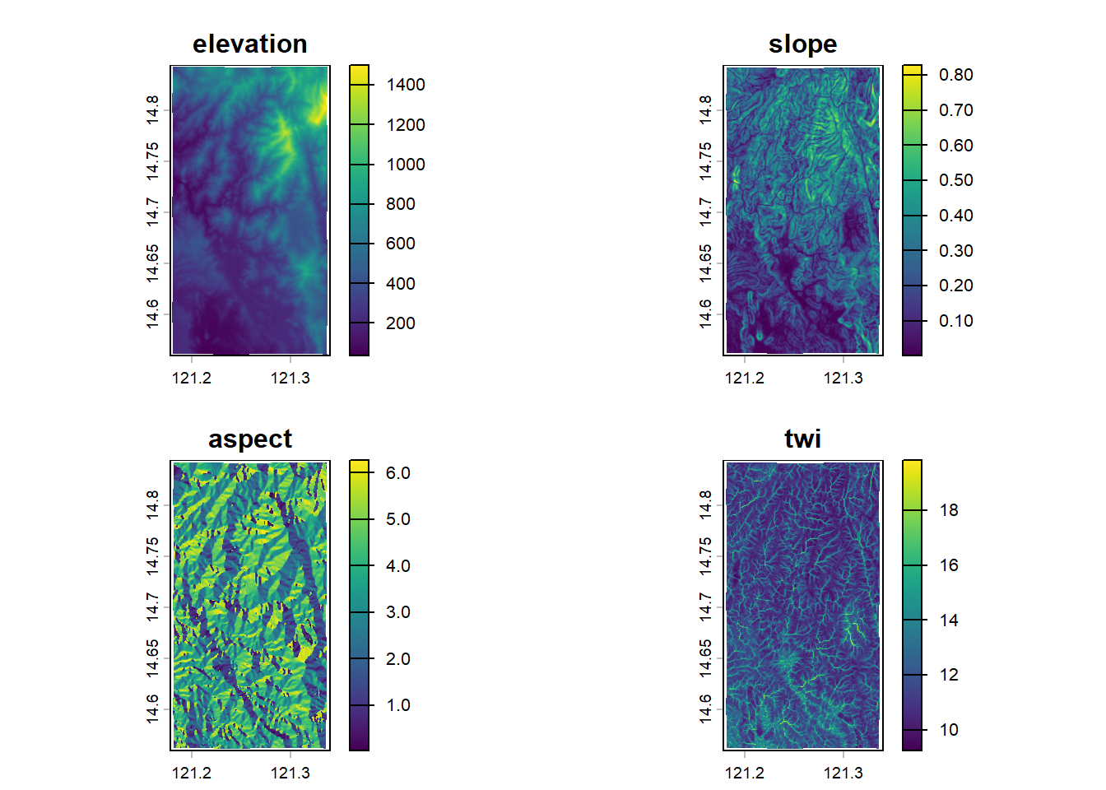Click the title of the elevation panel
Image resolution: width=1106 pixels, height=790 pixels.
(x=250, y=44)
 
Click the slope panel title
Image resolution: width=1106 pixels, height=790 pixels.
(x=802, y=44)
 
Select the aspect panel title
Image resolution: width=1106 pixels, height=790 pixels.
(x=250, y=439)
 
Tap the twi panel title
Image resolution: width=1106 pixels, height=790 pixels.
(x=802, y=439)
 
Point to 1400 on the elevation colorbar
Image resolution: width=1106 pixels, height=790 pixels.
(x=406, y=85)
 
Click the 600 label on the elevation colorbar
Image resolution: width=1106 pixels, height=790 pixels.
(x=401, y=244)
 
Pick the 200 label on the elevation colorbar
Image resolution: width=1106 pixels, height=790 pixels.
(x=401, y=323)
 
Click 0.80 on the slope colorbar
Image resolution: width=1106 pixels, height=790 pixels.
(x=955, y=75)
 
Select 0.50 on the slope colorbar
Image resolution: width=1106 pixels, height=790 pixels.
(x=955, y=180)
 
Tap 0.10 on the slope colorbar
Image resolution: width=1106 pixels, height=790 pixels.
(x=955, y=321)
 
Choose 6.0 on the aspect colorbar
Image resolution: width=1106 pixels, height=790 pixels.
(x=398, y=473)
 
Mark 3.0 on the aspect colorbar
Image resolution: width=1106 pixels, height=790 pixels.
(x=398, y=612)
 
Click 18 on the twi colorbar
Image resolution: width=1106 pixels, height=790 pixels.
(x=949, y=510)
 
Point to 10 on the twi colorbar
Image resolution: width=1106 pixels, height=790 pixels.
(x=949, y=730)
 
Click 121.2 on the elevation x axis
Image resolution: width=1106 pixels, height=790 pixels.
(x=192, y=379)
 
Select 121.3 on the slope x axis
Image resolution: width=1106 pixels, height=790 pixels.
(x=843, y=379)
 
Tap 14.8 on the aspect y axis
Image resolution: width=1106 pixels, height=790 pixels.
(x=153, y=504)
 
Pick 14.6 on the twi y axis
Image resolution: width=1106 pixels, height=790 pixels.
(x=706, y=709)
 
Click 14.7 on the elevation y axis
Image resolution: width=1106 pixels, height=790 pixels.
(x=153, y=211)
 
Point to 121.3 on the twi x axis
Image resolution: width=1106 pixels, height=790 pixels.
(x=843, y=774)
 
